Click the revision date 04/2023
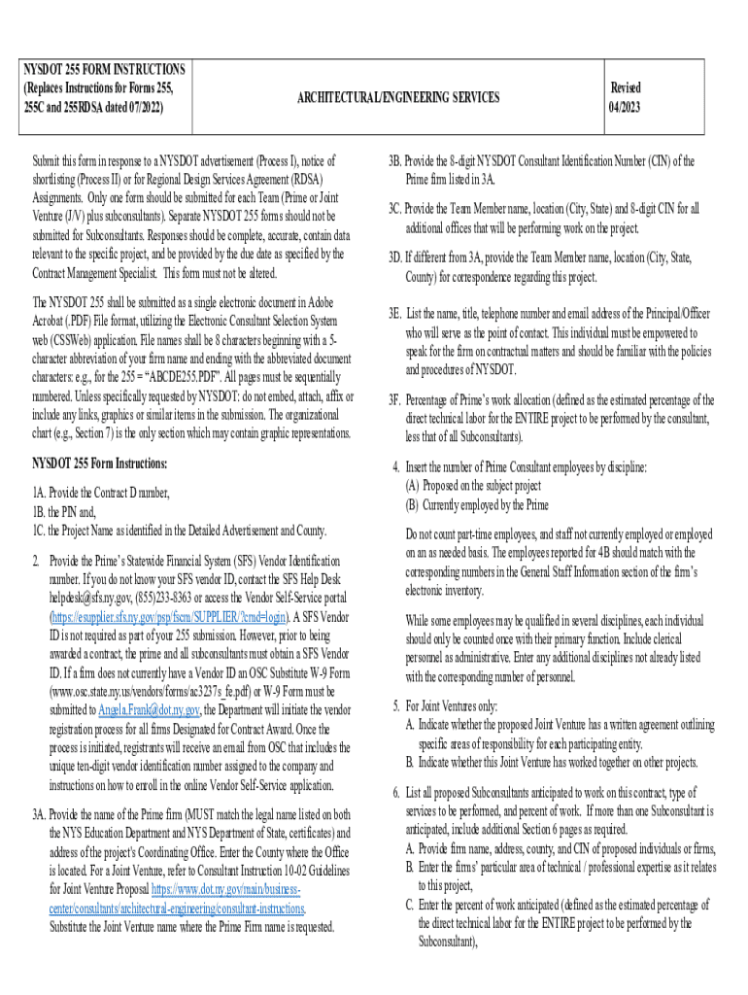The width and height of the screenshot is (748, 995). [624, 105]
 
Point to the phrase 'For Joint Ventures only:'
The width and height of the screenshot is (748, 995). [456, 706]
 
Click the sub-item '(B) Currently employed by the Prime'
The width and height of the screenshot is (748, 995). [477, 504]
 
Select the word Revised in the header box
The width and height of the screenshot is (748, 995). [624, 87]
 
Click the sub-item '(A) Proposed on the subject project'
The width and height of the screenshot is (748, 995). [473, 486]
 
